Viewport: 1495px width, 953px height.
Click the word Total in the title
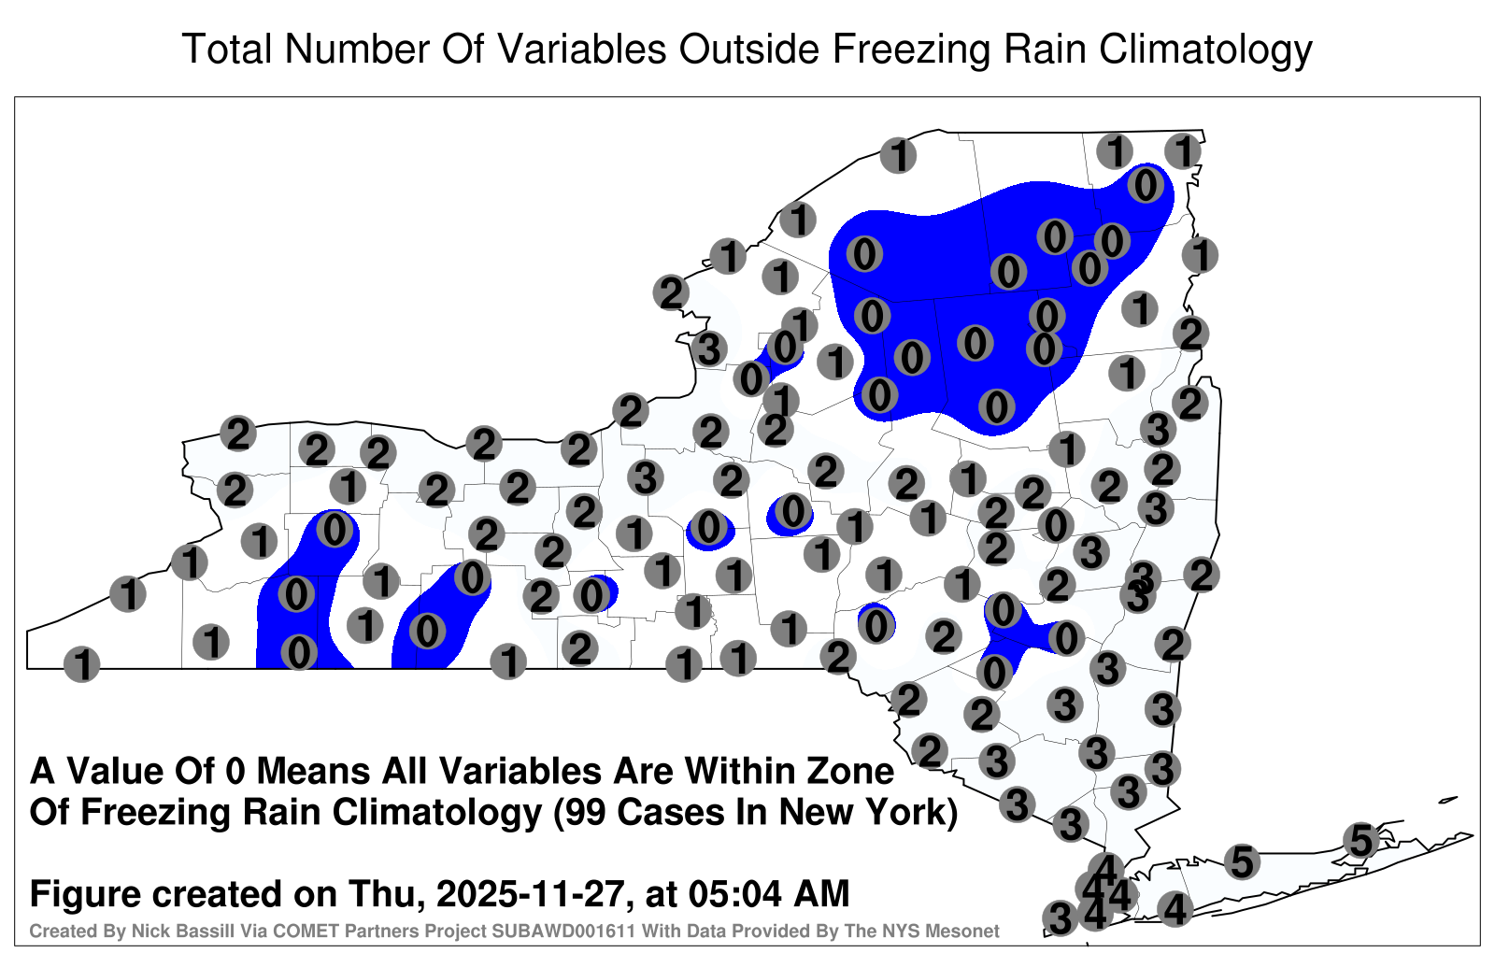coord(227,50)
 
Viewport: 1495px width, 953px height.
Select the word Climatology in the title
coord(1205,50)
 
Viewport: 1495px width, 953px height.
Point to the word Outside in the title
coord(748,50)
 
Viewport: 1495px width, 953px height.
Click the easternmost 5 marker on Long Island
coord(1360,840)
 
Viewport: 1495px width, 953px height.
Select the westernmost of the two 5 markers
coord(1242,861)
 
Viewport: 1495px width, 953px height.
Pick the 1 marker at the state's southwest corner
coord(81,664)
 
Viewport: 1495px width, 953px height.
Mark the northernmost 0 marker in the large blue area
coord(1146,185)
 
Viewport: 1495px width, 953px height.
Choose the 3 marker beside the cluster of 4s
coord(1060,917)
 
